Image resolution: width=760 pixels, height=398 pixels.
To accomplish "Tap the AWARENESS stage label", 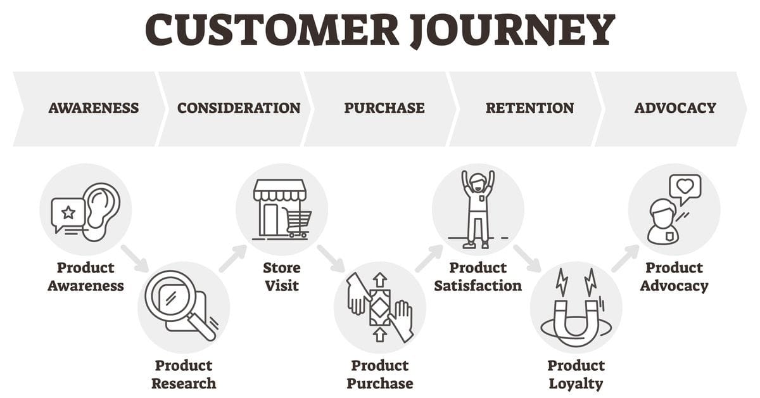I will coord(94,108).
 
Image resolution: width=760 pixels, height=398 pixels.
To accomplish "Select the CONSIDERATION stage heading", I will coord(239,108).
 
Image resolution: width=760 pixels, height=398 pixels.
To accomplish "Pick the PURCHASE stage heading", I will coord(384,108).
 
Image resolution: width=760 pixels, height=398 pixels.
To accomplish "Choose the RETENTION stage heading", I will coord(530,108).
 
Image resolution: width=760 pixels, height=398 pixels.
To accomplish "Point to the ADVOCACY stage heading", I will coord(675,108).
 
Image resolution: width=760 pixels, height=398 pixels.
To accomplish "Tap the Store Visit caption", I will coord(282,276).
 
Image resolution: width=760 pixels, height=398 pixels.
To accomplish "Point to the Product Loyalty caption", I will coord(576,374).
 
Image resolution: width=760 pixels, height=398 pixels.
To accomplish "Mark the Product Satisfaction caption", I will coord(478,276).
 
